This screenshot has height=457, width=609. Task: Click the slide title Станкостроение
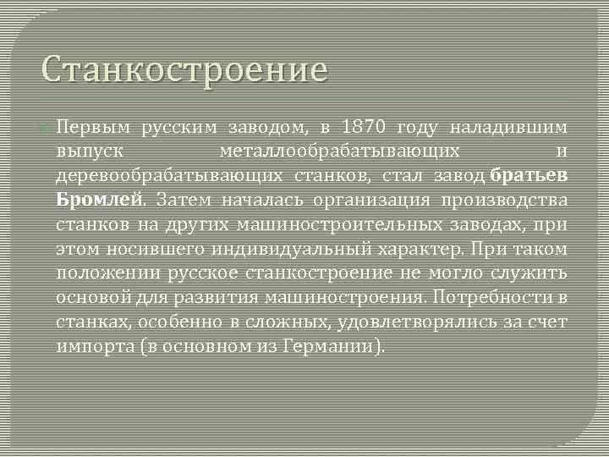coord(184,70)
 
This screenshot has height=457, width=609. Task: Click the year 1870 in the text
coord(365,128)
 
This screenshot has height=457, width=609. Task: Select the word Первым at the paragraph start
coord(93,128)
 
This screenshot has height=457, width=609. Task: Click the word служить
coord(536,273)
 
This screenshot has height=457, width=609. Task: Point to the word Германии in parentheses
coord(333,347)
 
